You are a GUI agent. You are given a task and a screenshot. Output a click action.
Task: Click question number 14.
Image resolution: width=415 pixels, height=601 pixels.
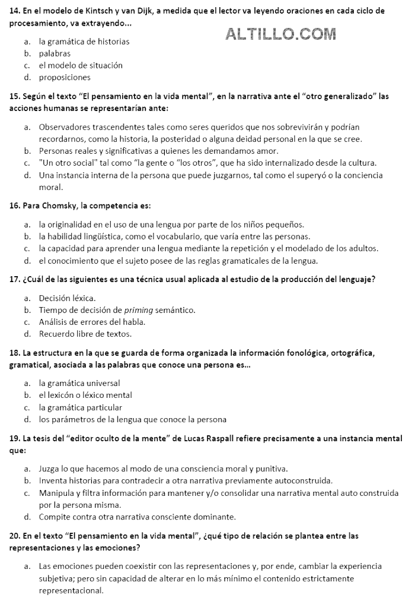click(15, 11)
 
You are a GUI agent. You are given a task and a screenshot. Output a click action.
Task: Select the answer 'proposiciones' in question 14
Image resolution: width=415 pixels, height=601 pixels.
click(65, 77)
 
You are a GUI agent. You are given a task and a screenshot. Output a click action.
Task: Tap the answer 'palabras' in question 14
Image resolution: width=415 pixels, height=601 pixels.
click(55, 53)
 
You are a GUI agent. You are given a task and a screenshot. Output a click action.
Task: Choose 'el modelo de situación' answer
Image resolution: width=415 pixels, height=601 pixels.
click(81, 65)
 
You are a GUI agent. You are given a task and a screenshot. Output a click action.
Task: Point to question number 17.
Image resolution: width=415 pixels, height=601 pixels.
click(15, 279)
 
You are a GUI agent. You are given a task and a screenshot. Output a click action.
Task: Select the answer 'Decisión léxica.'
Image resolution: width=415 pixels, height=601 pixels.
click(67, 298)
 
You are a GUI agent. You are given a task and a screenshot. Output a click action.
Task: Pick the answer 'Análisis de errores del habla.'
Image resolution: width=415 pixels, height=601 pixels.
click(92, 322)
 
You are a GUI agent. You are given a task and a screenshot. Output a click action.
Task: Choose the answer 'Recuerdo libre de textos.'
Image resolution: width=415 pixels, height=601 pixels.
click(85, 334)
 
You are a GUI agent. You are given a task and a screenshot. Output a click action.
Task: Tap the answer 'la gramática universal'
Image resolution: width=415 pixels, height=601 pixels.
click(79, 383)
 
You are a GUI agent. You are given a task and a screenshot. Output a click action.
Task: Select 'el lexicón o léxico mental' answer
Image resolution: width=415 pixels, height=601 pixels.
click(85, 395)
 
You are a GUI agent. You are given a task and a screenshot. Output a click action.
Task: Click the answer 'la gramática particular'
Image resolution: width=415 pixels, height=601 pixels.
click(81, 407)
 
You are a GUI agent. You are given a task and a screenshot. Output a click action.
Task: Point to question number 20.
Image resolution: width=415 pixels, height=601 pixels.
click(15, 536)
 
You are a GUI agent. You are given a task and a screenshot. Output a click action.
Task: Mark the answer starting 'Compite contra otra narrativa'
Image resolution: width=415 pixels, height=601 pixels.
click(137, 517)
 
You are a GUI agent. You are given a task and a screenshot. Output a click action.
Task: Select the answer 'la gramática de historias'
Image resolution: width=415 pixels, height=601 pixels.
click(84, 42)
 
